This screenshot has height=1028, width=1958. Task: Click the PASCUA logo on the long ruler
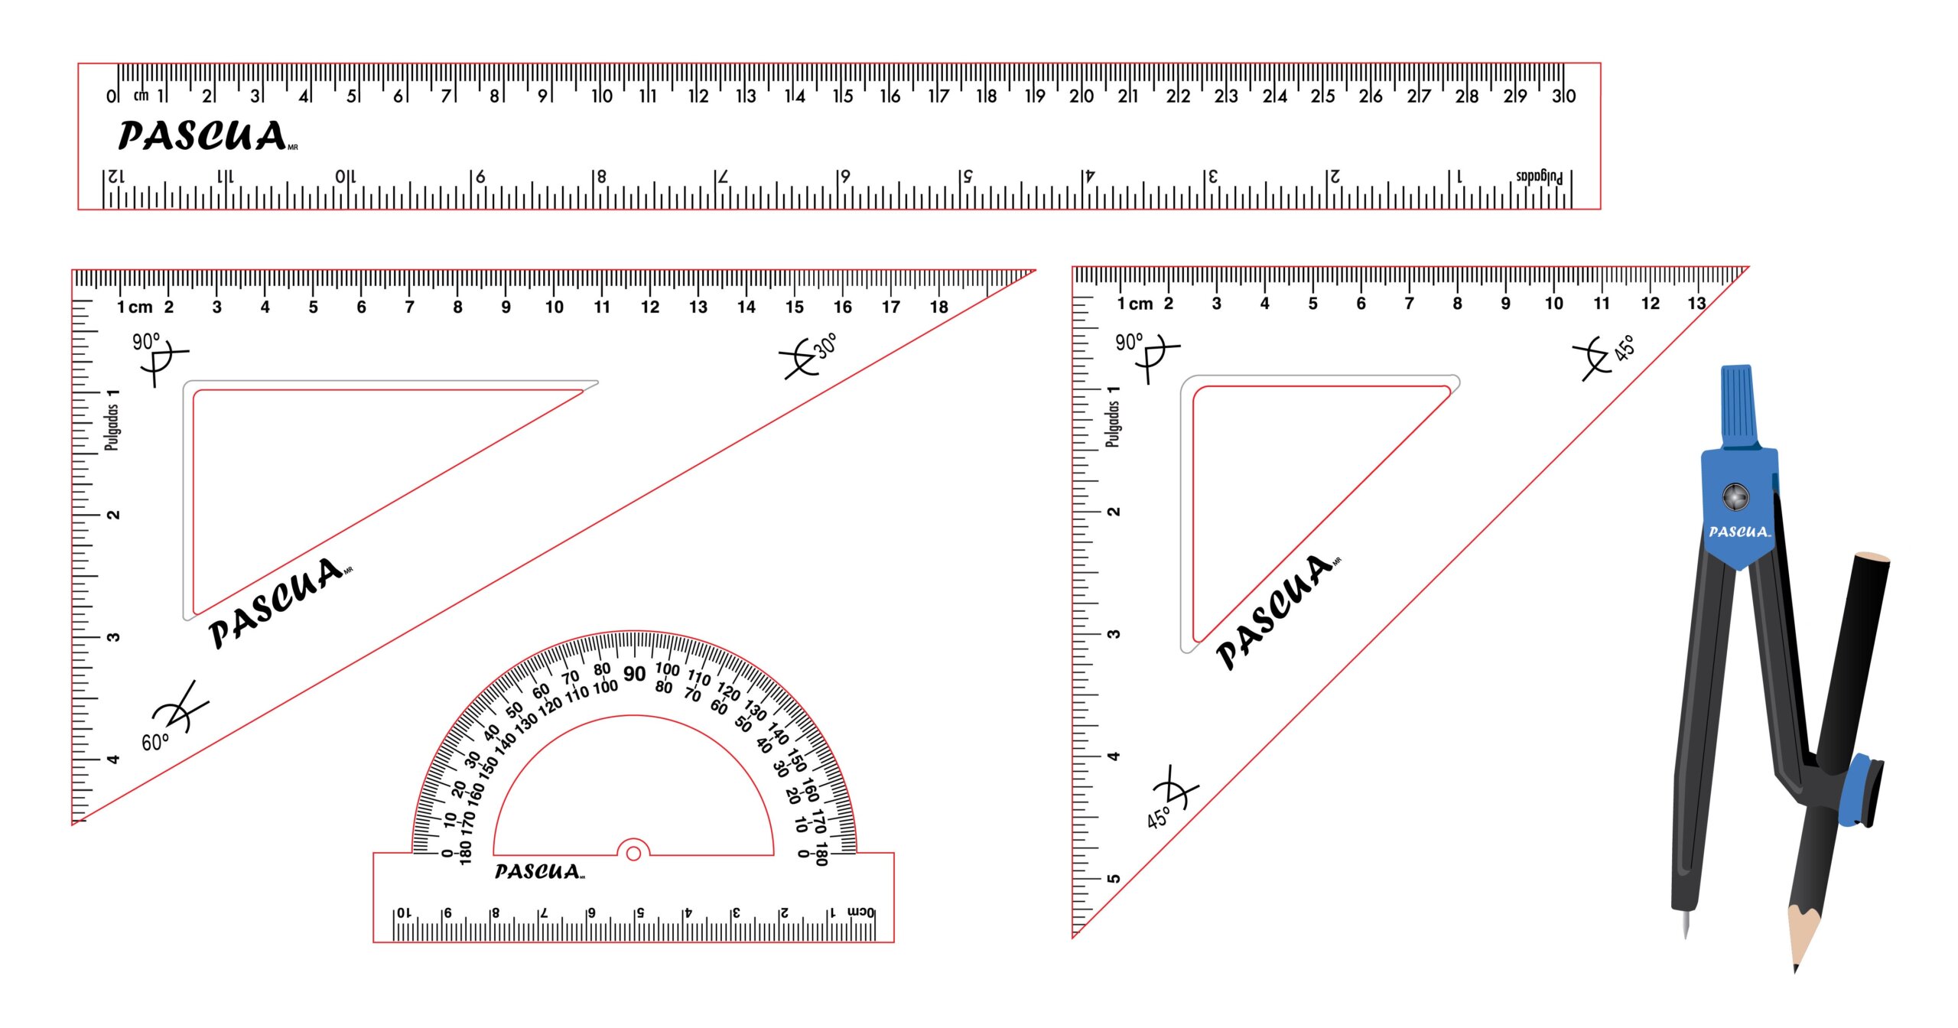pyautogui.click(x=203, y=136)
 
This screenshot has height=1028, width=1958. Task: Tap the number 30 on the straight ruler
pyautogui.click(x=1563, y=96)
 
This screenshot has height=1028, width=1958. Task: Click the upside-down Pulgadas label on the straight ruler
pyautogui.click(x=1539, y=177)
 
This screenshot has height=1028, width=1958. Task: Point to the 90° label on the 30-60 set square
pyautogui.click(x=146, y=341)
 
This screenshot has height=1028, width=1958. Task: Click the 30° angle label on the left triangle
pyautogui.click(x=825, y=346)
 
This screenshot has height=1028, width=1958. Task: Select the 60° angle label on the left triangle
pyautogui.click(x=154, y=741)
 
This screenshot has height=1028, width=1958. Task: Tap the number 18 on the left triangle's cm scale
pyautogui.click(x=938, y=307)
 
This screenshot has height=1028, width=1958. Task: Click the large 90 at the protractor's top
pyautogui.click(x=634, y=674)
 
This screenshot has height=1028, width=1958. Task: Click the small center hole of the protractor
pyautogui.click(x=633, y=853)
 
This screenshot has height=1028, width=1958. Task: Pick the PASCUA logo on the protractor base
pyautogui.click(x=538, y=872)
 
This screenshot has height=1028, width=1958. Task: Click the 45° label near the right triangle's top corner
pyautogui.click(x=1625, y=347)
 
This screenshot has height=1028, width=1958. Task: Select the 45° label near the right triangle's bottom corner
pyautogui.click(x=1158, y=817)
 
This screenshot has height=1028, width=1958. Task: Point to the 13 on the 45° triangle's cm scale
pyautogui.click(x=1696, y=304)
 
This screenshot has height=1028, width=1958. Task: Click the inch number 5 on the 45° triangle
pyautogui.click(x=1114, y=878)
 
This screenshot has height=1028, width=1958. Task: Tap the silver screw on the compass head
pyautogui.click(x=1735, y=496)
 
